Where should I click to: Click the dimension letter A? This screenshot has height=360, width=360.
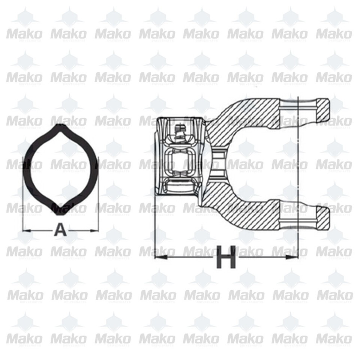60,229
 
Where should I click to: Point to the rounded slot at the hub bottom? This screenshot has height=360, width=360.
179,186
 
